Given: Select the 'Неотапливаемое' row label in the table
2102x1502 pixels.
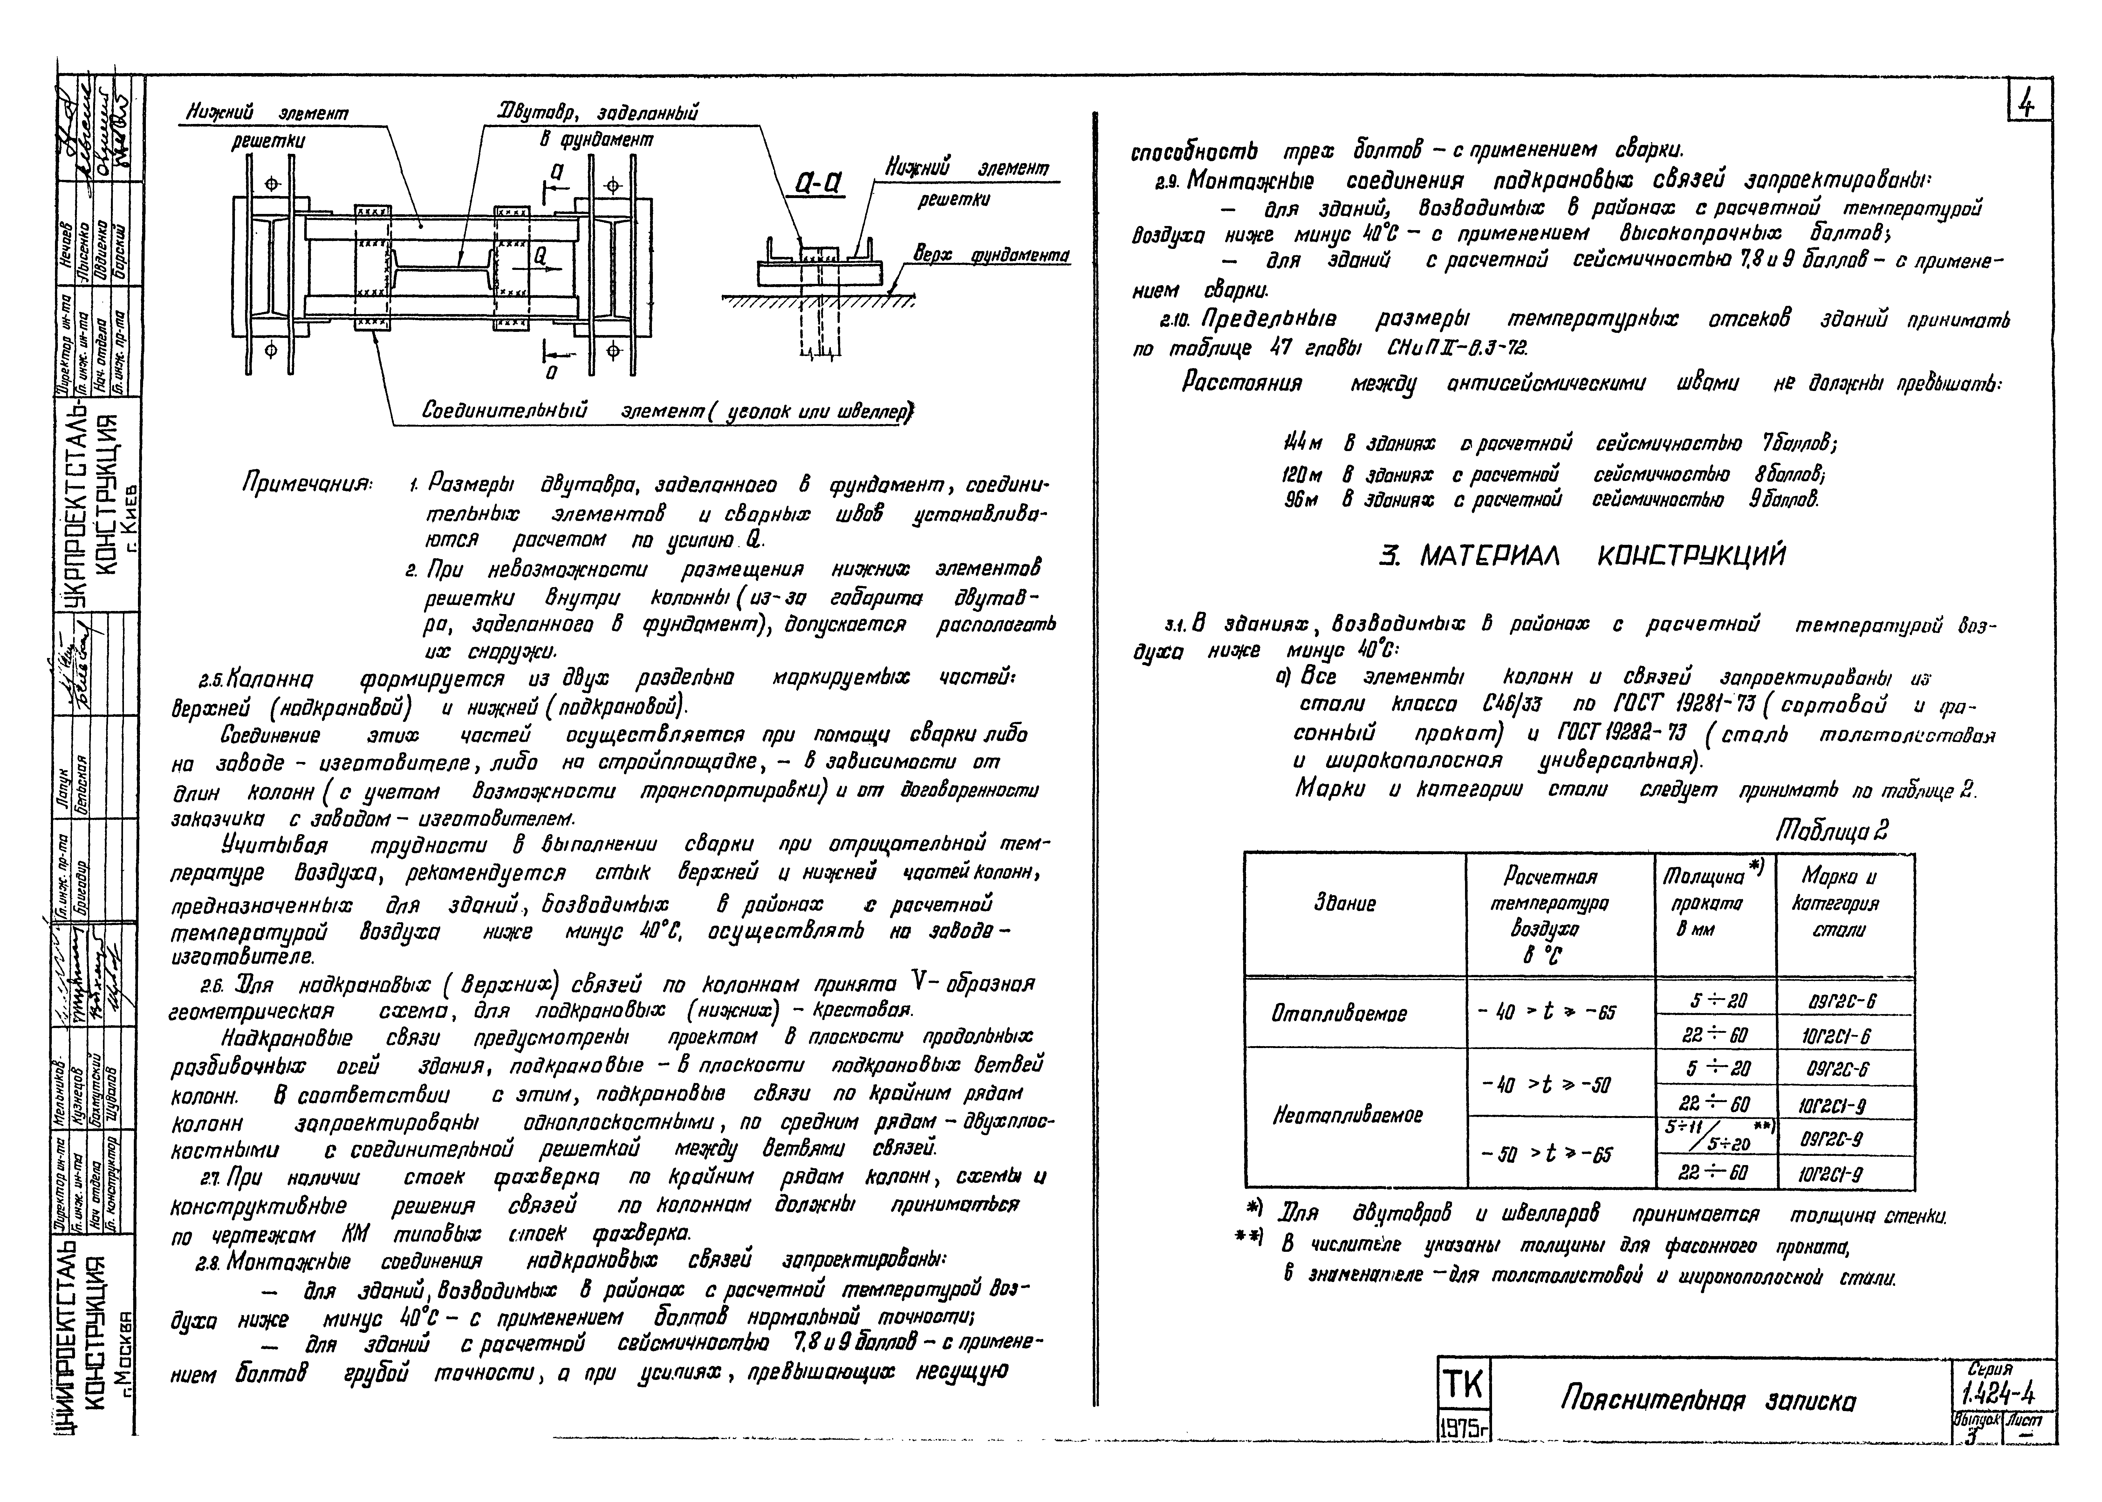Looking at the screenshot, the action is click(x=1346, y=1115).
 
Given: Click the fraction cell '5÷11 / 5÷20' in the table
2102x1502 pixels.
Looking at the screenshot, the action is click(x=1715, y=1136).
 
